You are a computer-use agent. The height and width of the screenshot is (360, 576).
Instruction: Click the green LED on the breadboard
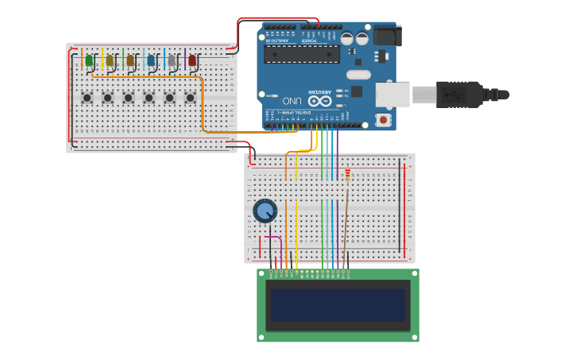89,60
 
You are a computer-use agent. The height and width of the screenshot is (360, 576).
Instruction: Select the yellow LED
110,60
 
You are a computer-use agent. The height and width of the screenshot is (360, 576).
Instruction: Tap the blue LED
151,60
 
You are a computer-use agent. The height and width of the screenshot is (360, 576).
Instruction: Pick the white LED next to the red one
172,60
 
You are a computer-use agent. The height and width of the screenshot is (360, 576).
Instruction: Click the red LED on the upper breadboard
192,60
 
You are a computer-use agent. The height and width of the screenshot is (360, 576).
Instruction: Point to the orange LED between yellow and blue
130,60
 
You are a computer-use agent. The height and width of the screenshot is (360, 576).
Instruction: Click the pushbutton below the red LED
191,98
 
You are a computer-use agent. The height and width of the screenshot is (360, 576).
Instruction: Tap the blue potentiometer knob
265,211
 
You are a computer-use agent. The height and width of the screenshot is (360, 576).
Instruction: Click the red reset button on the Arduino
385,120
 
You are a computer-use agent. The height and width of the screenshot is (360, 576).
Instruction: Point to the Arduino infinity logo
320,100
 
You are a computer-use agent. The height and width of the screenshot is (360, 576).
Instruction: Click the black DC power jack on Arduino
387,35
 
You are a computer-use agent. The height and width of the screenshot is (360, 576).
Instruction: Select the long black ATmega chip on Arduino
302,54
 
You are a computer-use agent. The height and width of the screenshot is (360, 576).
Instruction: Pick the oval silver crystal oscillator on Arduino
358,74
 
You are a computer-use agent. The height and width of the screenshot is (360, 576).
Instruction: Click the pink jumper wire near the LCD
273,238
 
